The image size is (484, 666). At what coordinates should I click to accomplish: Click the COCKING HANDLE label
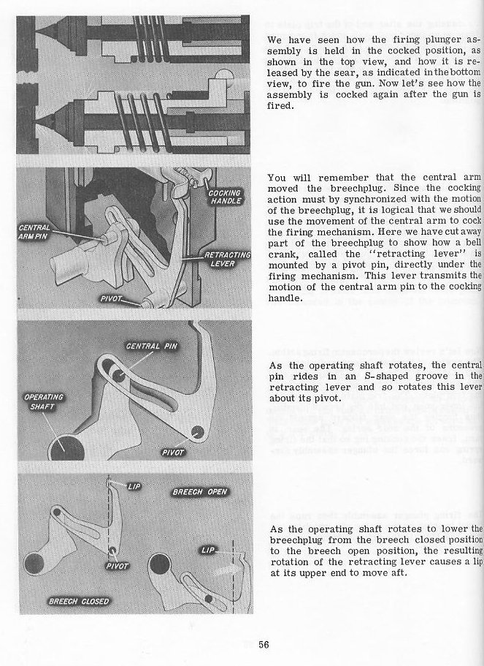coord(225,197)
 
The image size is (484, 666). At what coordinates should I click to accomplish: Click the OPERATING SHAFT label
coord(45,401)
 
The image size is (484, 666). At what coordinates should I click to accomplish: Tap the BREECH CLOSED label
coord(79,602)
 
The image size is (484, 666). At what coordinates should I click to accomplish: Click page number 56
coord(264,644)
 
